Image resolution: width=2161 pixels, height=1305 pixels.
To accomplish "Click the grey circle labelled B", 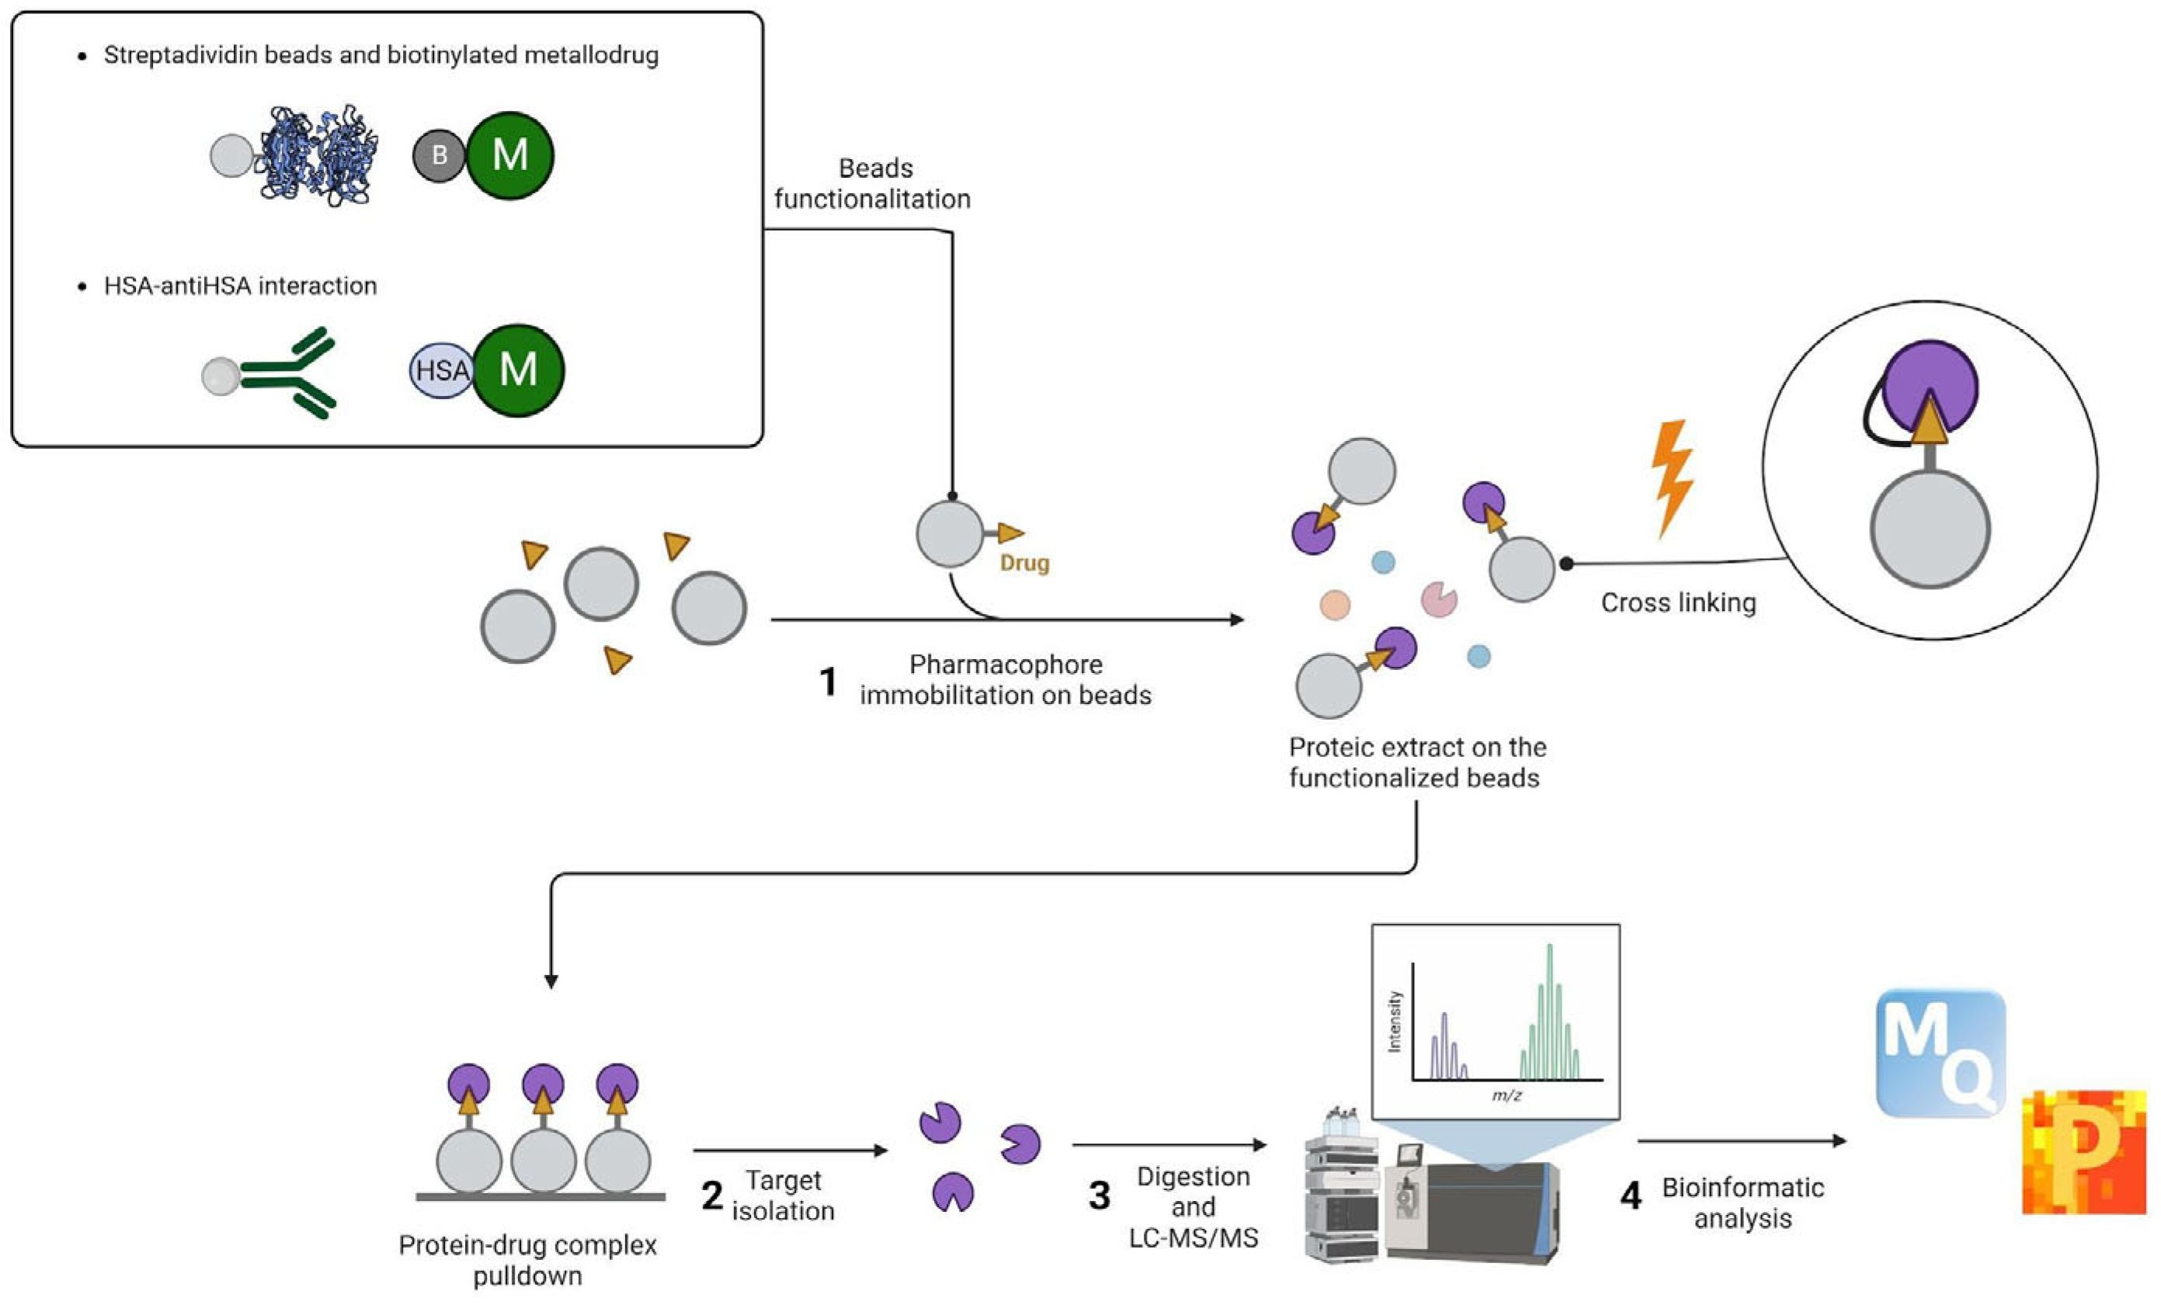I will point(439,156).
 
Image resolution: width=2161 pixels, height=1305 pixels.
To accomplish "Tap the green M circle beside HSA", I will point(519,370).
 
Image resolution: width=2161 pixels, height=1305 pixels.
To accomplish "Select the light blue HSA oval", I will point(440,370).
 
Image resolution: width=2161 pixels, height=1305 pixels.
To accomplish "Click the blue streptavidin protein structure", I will point(318,156).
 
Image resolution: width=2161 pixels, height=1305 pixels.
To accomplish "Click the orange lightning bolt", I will point(1672,477).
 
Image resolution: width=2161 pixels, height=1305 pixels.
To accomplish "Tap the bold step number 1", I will point(828,682).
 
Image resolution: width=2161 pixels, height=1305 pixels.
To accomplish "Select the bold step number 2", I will point(711,1196).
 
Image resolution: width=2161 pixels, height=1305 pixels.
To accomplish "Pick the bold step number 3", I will point(1099,1196).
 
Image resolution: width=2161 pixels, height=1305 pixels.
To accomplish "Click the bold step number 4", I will point(1631,1196).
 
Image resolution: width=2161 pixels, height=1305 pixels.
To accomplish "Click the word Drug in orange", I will point(1024,563).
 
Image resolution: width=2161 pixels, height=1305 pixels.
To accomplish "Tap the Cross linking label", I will point(1678,602).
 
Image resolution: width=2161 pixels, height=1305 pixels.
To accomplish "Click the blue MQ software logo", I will point(1940,1053).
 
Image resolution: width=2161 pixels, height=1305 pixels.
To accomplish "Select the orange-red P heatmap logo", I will point(2083,1152).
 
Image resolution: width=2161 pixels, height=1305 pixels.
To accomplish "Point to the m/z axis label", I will point(1506,1095).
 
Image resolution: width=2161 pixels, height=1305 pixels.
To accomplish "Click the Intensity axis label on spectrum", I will point(1395,1021).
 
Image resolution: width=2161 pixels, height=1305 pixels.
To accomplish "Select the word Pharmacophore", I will point(1005,665).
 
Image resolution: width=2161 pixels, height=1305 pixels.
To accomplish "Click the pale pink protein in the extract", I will point(1438,600).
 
